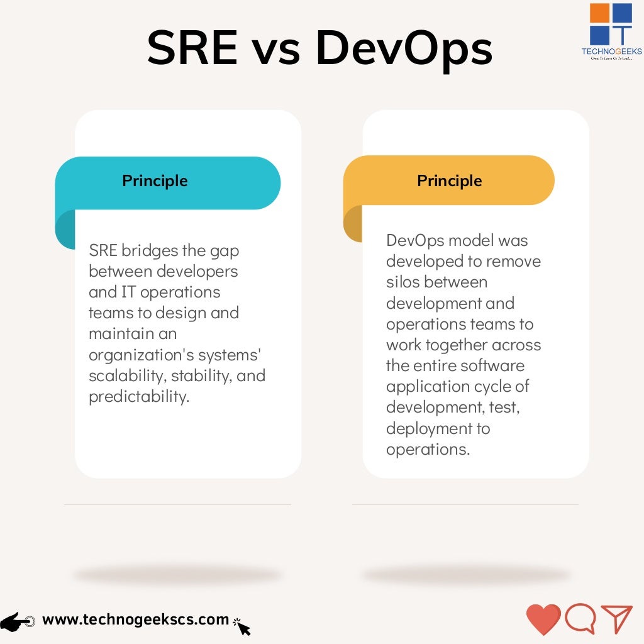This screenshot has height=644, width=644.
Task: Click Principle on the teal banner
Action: [155, 181]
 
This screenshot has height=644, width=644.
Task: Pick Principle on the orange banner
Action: [449, 181]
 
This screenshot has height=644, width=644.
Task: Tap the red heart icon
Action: [543, 619]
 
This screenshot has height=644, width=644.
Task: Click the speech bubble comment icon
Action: [580, 619]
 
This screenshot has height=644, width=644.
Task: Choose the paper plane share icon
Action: [616, 619]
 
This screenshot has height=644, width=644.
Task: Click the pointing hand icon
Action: [18, 621]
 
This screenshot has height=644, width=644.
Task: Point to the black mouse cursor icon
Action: [242, 626]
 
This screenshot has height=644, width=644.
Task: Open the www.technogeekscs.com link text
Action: [135, 619]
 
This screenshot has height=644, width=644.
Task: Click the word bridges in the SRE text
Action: [149, 250]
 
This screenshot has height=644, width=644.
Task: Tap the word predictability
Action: [139, 397]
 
